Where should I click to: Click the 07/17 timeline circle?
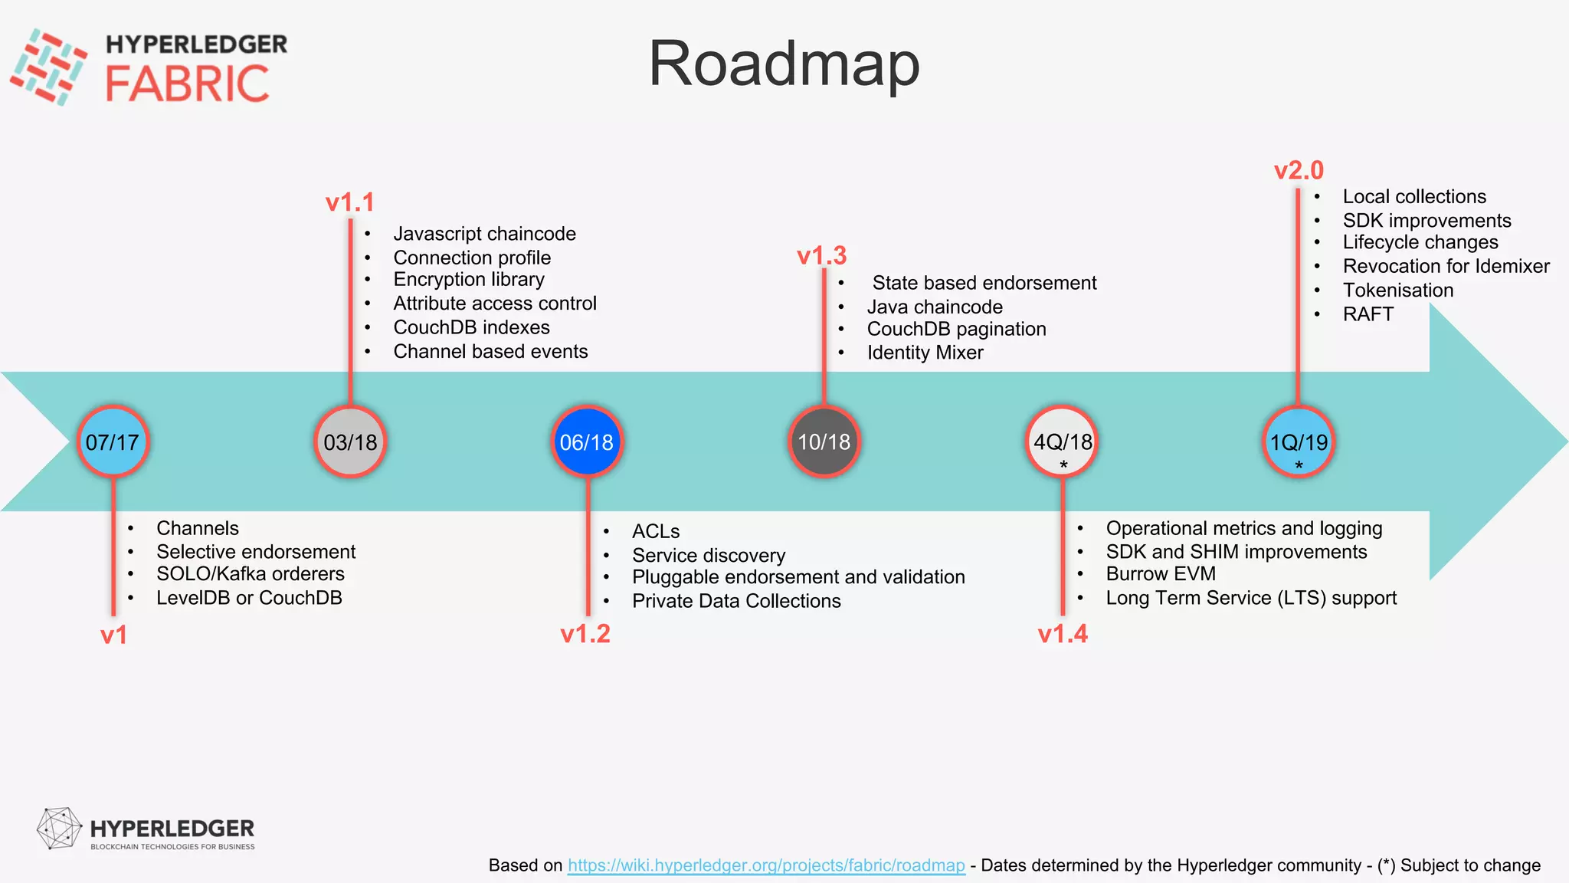pos(113,442)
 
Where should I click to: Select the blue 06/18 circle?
pos(587,442)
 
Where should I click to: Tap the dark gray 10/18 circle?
pos(824,442)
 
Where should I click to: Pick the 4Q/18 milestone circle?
pos(1063,442)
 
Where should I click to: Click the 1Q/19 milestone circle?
pos(1299,442)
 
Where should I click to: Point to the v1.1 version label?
pos(350,202)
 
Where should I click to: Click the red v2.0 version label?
pos(1299,170)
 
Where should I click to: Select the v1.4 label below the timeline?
pos(1063,634)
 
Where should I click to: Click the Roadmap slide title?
pos(784,64)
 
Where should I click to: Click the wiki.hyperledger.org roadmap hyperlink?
pos(766,865)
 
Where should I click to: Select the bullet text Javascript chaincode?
pos(484,234)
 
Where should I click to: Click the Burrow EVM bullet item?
pos(1161,574)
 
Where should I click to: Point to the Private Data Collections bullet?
pos(736,601)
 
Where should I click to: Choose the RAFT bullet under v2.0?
pos(1368,314)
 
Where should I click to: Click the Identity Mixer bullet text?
pos(925,353)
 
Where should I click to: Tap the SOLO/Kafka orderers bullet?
pos(251,574)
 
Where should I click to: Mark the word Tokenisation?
pos(1398,291)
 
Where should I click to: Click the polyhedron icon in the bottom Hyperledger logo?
pos(59,829)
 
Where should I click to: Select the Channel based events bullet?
pos(490,352)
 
